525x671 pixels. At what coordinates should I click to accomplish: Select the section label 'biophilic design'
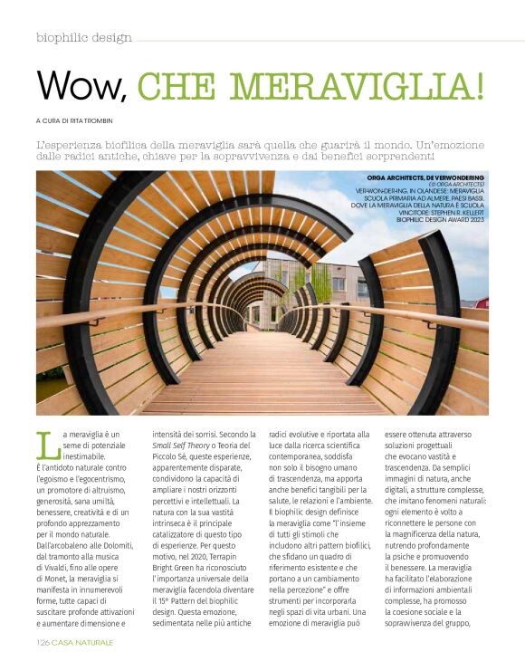tap(84, 37)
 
